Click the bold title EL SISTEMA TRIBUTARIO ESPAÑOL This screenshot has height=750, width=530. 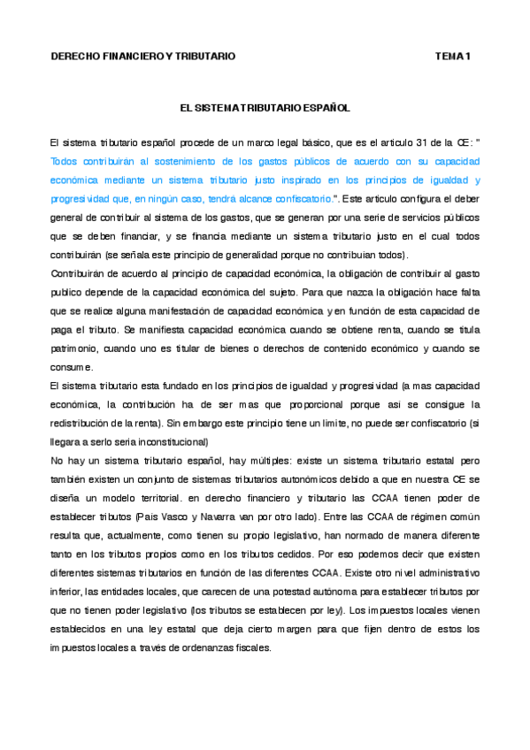pos(265,107)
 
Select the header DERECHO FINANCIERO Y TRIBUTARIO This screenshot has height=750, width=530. pos(143,57)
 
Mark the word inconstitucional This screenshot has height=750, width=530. pos(169,441)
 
